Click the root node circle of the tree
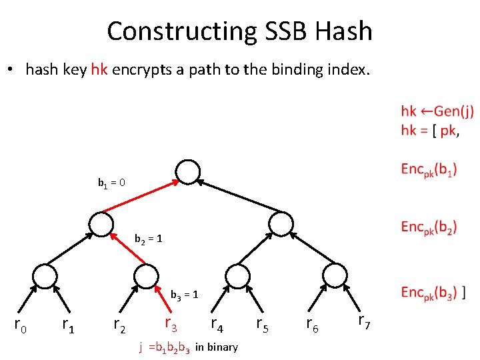189,173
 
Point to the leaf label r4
217,325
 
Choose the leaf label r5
263,325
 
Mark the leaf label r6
312,325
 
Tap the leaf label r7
365,322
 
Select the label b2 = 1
148,239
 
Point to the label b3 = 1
185,294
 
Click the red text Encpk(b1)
429,170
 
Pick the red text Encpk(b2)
429,227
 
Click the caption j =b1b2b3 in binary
188,347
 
